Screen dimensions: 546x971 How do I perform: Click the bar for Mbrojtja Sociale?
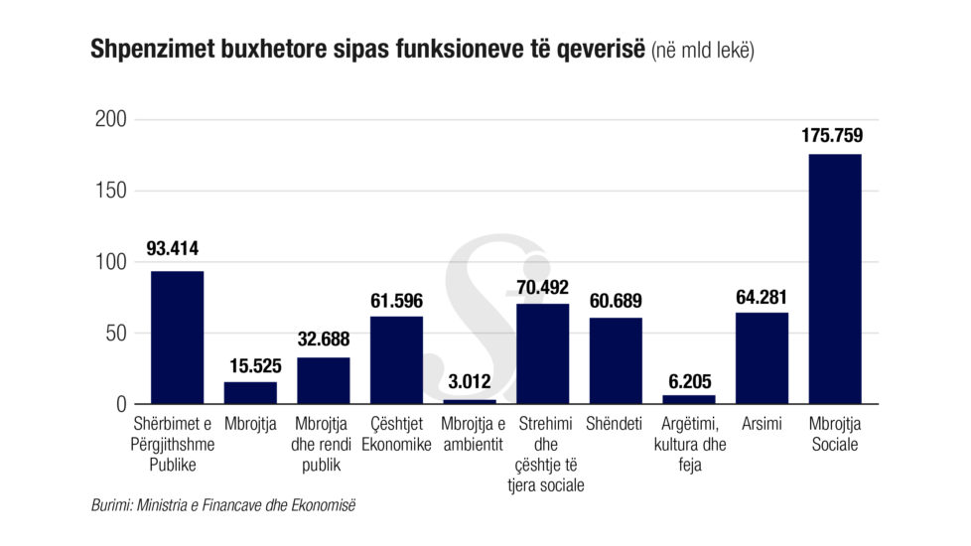tap(835, 279)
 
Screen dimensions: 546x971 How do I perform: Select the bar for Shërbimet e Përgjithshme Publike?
tap(177, 338)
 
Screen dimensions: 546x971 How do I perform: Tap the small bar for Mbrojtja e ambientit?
tap(469, 401)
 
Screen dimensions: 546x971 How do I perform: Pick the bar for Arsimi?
tap(762, 358)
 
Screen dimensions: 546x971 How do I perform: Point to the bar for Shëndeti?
tap(616, 360)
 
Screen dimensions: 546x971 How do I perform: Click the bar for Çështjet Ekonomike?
tap(396, 359)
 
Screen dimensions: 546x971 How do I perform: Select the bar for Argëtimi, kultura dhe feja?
tap(689, 399)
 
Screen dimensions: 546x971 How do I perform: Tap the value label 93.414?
tap(177, 249)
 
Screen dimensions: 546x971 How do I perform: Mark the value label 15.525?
tap(250, 362)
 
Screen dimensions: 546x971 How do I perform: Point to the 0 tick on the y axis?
tap(121, 404)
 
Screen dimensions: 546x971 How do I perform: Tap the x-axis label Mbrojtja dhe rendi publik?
tap(323, 445)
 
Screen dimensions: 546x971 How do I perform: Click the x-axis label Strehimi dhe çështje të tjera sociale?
tap(542, 455)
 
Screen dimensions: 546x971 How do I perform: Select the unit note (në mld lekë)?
tap(702, 50)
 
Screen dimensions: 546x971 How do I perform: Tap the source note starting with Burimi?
tap(222, 506)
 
